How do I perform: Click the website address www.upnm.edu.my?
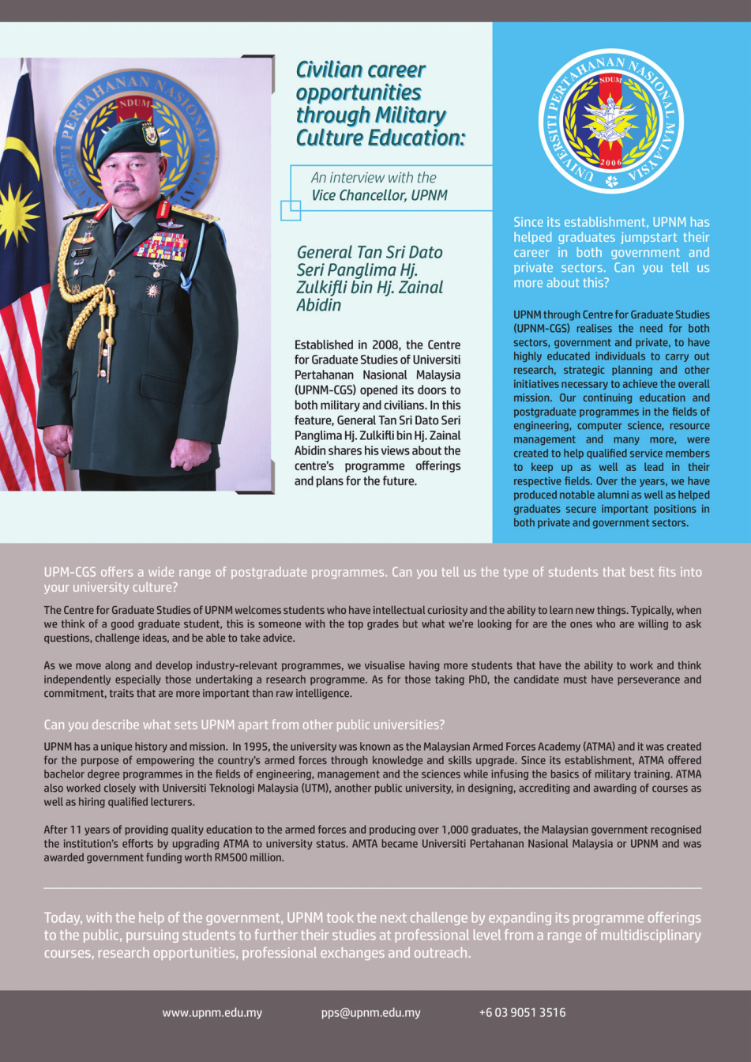pyautogui.click(x=212, y=1012)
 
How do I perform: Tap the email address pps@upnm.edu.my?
pyautogui.click(x=370, y=1012)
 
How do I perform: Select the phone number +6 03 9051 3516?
pyautogui.click(x=522, y=1012)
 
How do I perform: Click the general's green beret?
pyautogui.click(x=126, y=142)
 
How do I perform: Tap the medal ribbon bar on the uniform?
pyautogui.click(x=161, y=247)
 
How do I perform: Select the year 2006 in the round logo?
pyautogui.click(x=610, y=163)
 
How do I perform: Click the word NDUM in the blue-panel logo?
pyautogui.click(x=610, y=80)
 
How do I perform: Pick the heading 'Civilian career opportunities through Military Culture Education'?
pyautogui.click(x=380, y=104)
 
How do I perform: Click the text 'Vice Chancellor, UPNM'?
pyautogui.click(x=379, y=195)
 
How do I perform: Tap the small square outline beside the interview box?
pyautogui.click(x=291, y=210)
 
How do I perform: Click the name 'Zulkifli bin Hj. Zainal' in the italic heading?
pyautogui.click(x=370, y=288)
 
